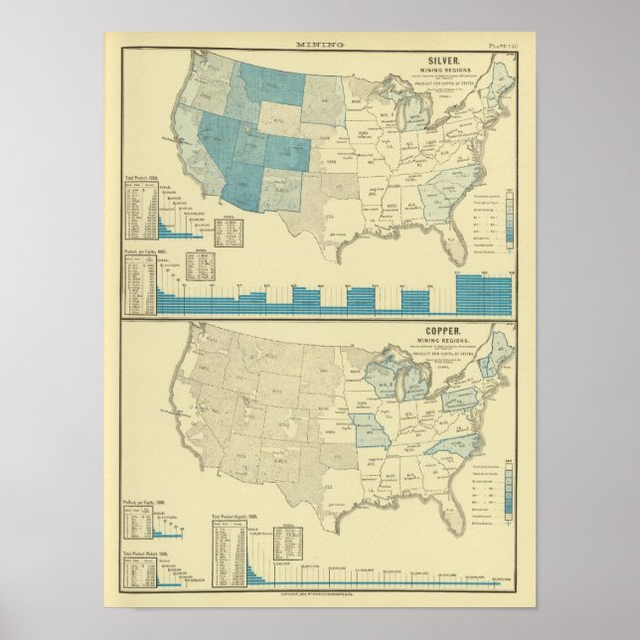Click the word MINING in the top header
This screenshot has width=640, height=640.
tap(319, 45)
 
